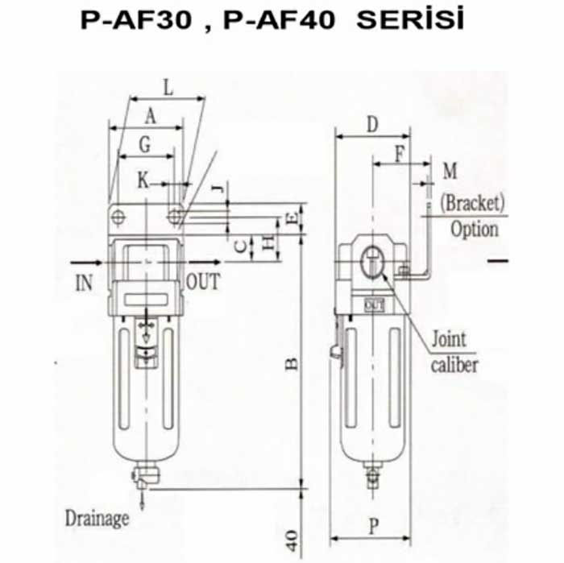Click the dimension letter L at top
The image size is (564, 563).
click(168, 87)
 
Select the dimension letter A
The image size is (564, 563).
click(151, 117)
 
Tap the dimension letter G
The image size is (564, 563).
click(144, 145)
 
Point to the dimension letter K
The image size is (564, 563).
click(143, 180)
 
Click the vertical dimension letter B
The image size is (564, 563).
click(292, 364)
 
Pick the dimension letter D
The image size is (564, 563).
click(372, 124)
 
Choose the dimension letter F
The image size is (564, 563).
click(400, 155)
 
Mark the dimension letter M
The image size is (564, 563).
click(450, 171)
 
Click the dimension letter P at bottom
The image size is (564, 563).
click(374, 527)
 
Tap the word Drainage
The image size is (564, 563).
click(97, 519)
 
